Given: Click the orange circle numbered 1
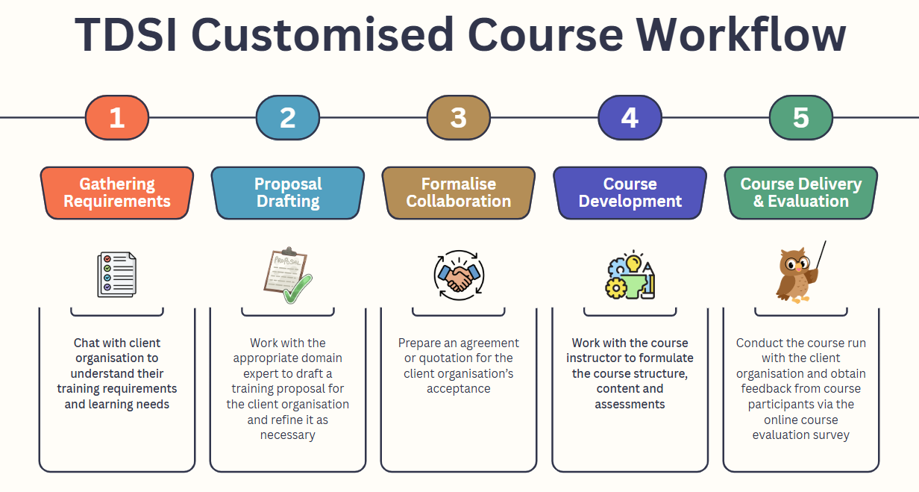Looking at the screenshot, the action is coord(117,117).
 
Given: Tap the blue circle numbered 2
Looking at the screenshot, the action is coord(288,117).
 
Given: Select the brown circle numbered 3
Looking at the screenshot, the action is coord(459,117).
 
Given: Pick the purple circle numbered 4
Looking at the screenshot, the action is coord(630,117).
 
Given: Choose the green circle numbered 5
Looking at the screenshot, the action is coord(801,117).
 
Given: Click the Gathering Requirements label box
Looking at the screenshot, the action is coord(117,193).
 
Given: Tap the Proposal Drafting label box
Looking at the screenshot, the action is coord(288,193).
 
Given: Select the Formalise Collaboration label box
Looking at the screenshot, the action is coord(459,193).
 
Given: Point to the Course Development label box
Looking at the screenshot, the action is coord(630,193).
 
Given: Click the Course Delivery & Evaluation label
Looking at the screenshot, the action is coord(801,193).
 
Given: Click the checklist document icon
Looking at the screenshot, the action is coord(117,274).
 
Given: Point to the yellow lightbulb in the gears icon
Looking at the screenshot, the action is coord(633,263).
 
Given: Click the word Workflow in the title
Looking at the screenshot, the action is coord(741,35).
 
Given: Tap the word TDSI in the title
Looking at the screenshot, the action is coord(126,35).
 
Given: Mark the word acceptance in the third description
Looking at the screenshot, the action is coord(459,388).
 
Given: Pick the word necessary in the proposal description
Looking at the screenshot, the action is coord(288,435).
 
